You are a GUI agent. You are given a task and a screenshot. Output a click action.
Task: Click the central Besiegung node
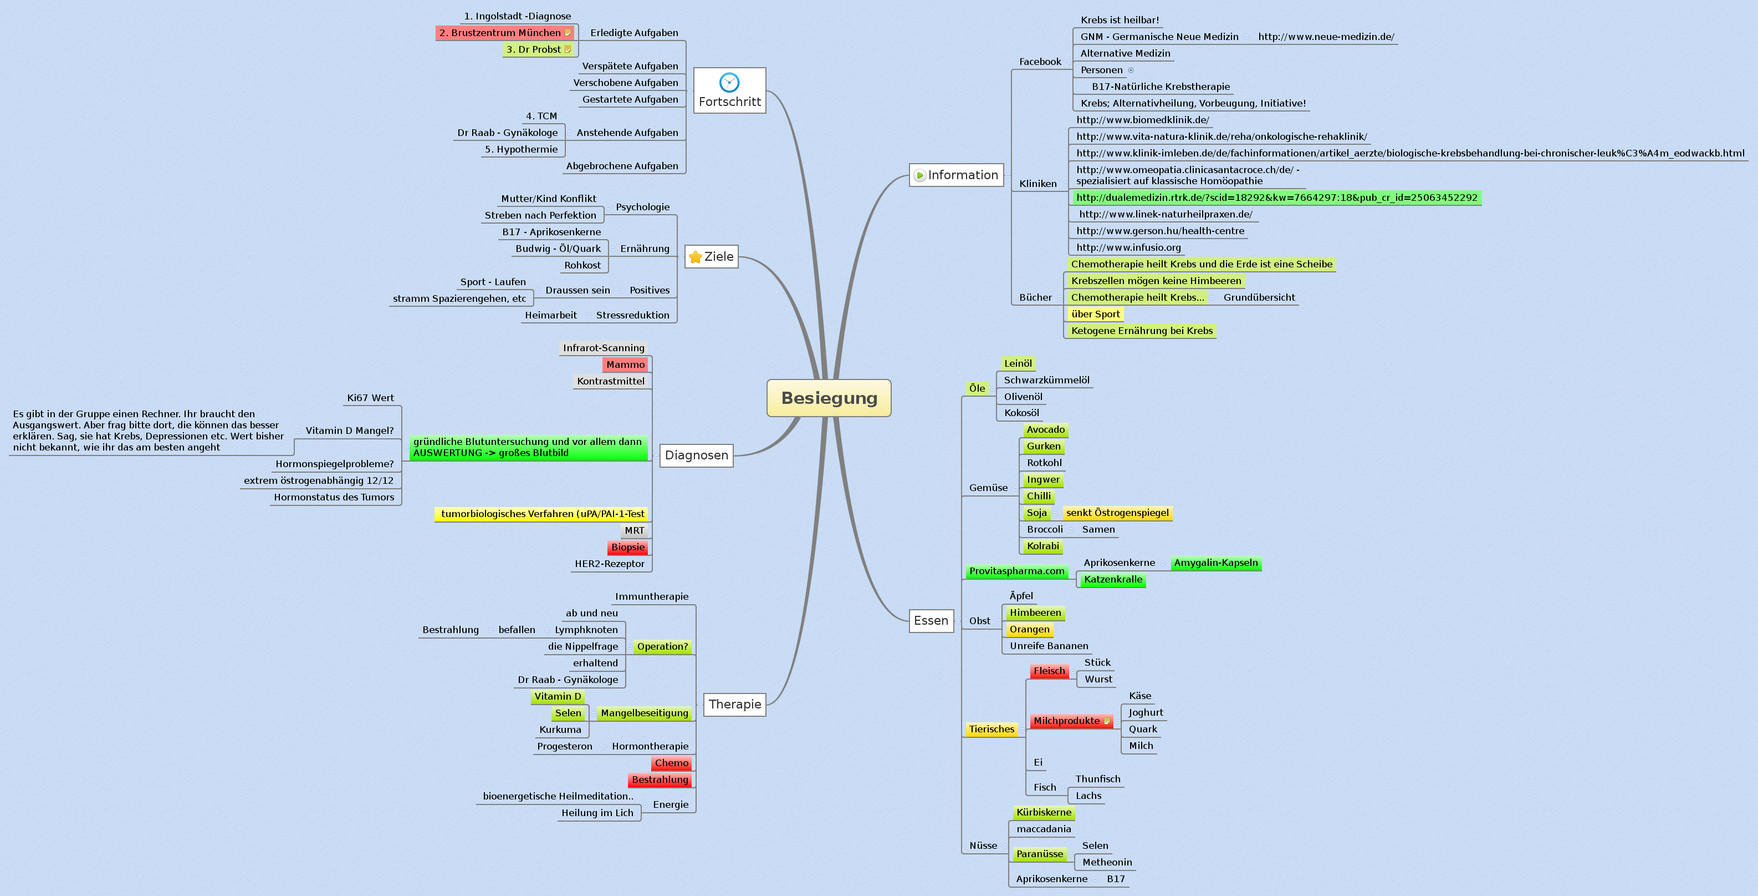[829, 398]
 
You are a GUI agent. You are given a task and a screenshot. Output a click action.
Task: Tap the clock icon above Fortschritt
[729, 82]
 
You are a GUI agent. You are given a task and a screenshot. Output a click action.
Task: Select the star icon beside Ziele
[695, 257]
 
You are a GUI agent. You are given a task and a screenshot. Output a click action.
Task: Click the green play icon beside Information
[919, 175]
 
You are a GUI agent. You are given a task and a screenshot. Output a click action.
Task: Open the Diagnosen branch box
[696, 455]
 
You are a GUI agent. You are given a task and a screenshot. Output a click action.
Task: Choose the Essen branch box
[931, 621]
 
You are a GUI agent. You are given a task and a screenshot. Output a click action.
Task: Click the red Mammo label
[625, 365]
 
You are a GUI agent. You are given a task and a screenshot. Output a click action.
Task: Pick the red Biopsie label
[627, 547]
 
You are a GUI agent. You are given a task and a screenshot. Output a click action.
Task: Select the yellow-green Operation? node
[662, 647]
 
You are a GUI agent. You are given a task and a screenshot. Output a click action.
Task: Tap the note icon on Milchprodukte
[1107, 721]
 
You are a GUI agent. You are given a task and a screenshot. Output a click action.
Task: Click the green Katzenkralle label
[1112, 580]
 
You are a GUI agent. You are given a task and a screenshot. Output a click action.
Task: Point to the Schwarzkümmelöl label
[1046, 381]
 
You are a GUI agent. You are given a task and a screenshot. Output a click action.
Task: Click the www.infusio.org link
[1128, 248]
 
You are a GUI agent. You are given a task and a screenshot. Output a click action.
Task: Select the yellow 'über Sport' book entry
[1095, 314]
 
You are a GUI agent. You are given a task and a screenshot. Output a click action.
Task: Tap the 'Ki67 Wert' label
[370, 398]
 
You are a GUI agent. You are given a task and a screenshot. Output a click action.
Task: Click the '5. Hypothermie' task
[521, 150]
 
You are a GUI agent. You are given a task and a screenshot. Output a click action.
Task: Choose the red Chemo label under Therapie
[672, 763]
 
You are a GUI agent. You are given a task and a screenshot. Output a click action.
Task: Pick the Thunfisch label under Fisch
[1097, 779]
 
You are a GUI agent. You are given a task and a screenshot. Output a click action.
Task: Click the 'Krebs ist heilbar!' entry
[1119, 21]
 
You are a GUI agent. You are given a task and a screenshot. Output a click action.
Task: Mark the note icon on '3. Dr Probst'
[567, 49]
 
